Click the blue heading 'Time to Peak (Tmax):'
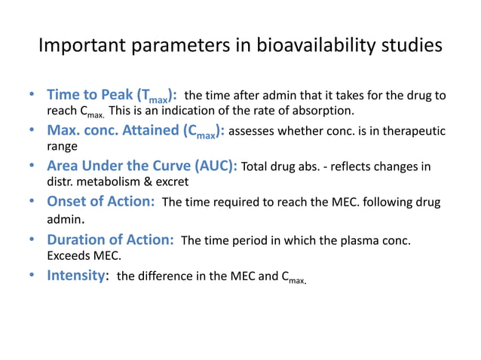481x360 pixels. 112,96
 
